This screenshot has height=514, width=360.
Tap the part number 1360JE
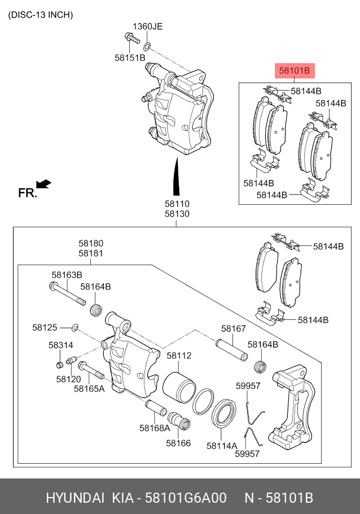tap(147, 27)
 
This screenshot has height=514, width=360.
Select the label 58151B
tap(130, 58)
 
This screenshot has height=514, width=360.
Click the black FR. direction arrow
tap(43, 183)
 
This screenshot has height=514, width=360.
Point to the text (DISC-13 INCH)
tap(40, 15)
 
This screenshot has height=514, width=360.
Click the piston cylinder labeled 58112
tap(179, 385)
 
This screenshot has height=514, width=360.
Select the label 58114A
tap(222, 445)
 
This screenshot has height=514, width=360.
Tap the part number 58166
tap(178, 443)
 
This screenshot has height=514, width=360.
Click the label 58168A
tap(155, 428)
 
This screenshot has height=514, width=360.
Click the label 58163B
tap(67, 275)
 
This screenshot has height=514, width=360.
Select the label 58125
tap(45, 327)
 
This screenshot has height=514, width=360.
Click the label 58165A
tap(90, 389)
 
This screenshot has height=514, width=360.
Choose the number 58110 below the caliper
tap(177, 204)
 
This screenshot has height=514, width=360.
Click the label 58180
tap(90, 243)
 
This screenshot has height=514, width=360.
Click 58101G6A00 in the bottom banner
tap(186, 498)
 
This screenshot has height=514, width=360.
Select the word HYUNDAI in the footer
tap(75, 498)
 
